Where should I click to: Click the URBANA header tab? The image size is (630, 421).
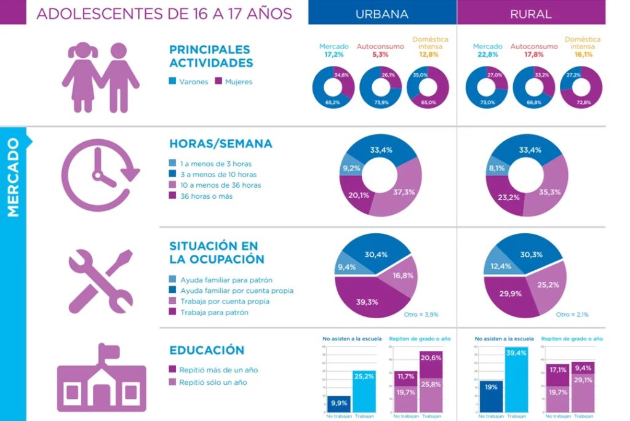pyautogui.click(x=381, y=13)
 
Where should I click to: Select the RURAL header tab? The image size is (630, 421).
pyautogui.click(x=530, y=13)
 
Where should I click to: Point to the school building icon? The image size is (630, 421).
pyautogui.click(x=102, y=378)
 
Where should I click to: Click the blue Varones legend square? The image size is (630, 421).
pyautogui.click(x=172, y=81)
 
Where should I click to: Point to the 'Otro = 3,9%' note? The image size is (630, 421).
pyautogui.click(x=421, y=315)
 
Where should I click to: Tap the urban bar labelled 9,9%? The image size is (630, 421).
pyautogui.click(x=339, y=403)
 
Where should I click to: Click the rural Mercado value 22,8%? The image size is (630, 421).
pyautogui.click(x=487, y=54)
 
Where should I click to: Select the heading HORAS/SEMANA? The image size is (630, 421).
pyautogui.click(x=220, y=144)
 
